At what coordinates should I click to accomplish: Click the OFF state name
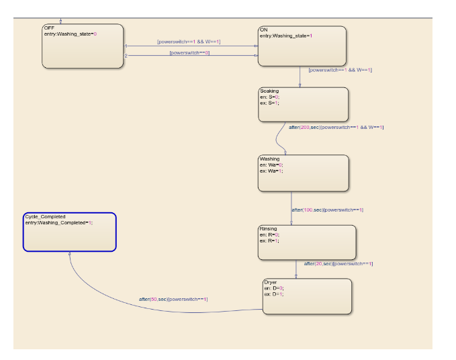point(49,28)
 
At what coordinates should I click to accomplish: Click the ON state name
point(263,30)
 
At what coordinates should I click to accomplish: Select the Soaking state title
point(269,91)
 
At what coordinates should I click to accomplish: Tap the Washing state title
point(270,159)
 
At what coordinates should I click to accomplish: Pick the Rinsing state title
point(268,229)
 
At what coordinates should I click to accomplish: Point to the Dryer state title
point(271,283)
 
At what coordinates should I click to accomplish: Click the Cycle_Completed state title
point(45,217)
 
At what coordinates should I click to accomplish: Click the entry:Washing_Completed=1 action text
point(58,222)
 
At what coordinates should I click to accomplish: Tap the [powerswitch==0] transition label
point(189,52)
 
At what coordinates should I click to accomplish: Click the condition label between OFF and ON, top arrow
point(189,42)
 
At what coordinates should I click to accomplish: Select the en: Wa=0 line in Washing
point(271,165)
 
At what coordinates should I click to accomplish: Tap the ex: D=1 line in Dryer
point(274,294)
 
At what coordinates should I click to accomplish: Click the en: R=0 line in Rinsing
point(270,234)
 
